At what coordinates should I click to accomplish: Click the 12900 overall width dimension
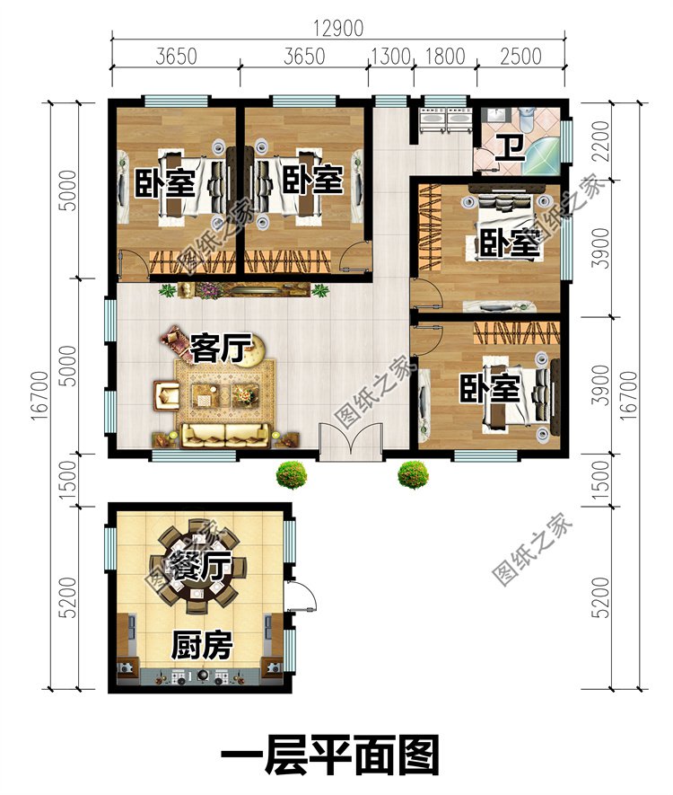pyautogui.click(x=338, y=28)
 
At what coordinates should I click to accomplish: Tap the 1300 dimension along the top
pyautogui.click(x=390, y=56)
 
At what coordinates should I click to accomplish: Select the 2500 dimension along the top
pyautogui.click(x=521, y=56)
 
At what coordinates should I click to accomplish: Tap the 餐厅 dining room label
pyautogui.click(x=199, y=566)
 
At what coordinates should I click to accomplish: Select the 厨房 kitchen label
pyautogui.click(x=202, y=645)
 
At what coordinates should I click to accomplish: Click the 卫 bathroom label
pyautogui.click(x=510, y=148)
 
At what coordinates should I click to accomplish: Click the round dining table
pyautogui.click(x=198, y=566)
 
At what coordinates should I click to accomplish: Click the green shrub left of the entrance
pyautogui.click(x=292, y=474)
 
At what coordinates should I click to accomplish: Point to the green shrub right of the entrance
pyautogui.click(x=414, y=474)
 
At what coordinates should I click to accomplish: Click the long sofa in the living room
pyautogui.click(x=226, y=436)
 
